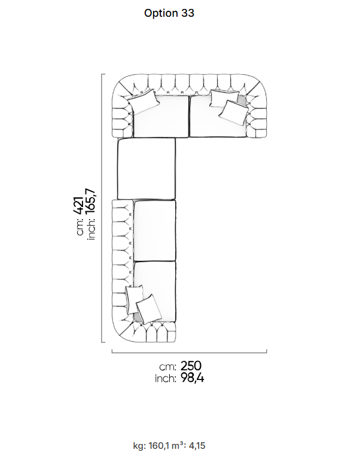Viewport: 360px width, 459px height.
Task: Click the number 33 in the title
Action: [188, 13]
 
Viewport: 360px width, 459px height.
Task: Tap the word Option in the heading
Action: [161, 13]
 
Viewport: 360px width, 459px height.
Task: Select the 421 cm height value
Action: [79, 205]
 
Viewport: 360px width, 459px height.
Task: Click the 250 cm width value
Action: [191, 366]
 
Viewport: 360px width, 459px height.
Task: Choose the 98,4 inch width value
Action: [192, 378]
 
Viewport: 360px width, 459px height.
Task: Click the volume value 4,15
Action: [197, 446]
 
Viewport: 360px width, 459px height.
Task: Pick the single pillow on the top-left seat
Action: [144, 101]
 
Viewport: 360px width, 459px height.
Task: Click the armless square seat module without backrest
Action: [147, 169]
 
